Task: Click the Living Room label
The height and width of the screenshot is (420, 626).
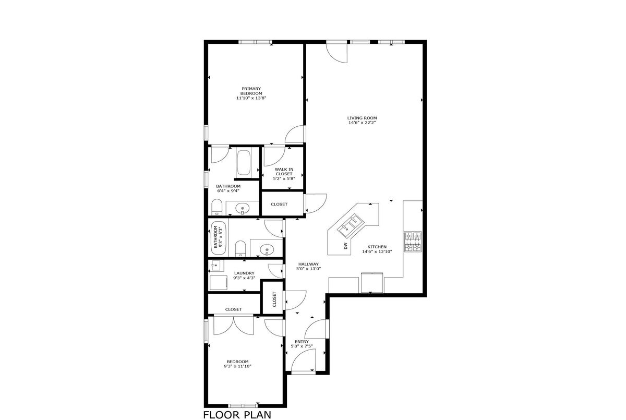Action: tap(362, 118)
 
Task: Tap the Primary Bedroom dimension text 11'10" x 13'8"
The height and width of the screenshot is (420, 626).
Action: tap(251, 98)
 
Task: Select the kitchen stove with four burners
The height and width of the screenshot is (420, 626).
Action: tap(413, 242)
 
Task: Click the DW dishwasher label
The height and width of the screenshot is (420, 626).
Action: tap(346, 246)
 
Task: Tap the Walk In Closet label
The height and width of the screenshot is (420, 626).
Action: tap(284, 172)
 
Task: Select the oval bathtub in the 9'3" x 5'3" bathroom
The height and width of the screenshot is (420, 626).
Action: tap(218, 238)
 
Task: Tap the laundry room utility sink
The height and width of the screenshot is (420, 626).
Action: tap(217, 266)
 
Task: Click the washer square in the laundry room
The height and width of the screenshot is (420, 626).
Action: tap(219, 282)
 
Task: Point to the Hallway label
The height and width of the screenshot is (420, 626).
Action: tap(308, 264)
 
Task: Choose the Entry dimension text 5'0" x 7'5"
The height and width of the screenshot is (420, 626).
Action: tap(302, 346)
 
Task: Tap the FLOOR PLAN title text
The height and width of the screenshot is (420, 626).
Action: tap(237, 415)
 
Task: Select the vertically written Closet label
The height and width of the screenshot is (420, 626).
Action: tap(274, 299)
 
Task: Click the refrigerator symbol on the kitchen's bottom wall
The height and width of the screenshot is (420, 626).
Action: tap(372, 282)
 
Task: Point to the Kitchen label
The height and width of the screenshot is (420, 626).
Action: tap(377, 247)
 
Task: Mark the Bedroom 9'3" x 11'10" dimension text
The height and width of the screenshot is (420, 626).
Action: tap(237, 366)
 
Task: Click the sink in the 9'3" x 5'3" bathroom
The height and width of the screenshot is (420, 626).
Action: tap(267, 249)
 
